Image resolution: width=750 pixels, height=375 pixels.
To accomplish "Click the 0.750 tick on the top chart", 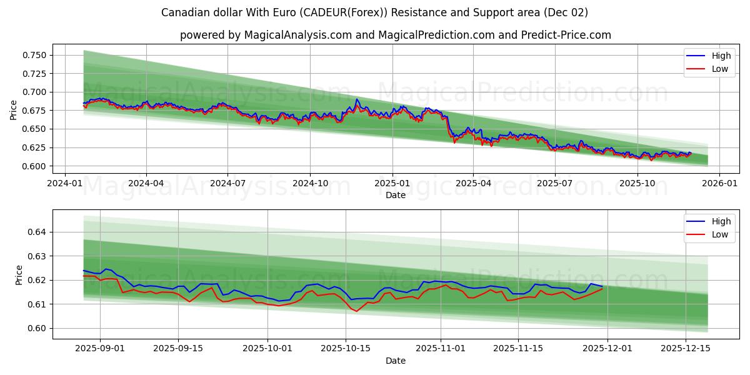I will click(x=34, y=55).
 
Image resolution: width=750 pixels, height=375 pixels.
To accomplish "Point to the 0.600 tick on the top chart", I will click(x=34, y=166).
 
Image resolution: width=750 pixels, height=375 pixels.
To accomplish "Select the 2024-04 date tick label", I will click(x=146, y=183).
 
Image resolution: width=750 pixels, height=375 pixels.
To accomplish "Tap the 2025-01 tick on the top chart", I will click(x=392, y=183).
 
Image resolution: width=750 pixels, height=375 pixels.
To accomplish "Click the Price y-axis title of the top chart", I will click(x=14, y=110).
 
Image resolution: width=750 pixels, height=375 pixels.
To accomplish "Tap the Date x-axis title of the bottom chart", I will click(x=395, y=361).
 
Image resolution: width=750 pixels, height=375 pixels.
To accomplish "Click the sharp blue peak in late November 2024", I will click(x=357, y=99).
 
